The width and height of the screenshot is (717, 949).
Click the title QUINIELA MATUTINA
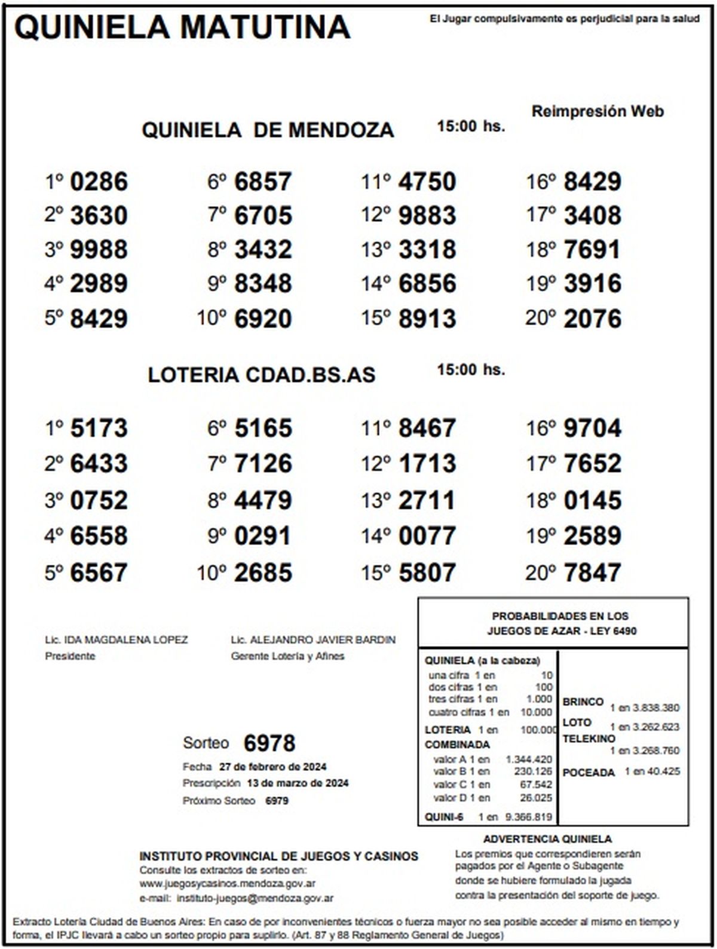point(182,27)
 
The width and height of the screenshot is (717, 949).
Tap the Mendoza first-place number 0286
point(99,182)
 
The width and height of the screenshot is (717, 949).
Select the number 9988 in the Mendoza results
point(99,250)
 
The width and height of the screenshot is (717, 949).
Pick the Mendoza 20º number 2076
point(592,319)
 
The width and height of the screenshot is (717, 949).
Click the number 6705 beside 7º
point(263,216)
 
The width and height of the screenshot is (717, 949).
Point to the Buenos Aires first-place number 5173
point(99,428)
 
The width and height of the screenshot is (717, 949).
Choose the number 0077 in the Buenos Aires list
point(427,536)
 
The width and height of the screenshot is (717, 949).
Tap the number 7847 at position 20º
point(592,573)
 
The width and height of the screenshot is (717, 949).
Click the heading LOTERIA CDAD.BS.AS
point(262,375)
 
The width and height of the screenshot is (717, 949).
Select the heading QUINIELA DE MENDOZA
point(268,130)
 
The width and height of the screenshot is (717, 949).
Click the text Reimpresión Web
point(597,111)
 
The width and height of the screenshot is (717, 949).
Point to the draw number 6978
point(269,743)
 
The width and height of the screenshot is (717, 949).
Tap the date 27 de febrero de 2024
point(272,767)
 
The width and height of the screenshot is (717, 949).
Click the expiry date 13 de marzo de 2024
point(298,783)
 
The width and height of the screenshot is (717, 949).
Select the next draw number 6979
point(277,801)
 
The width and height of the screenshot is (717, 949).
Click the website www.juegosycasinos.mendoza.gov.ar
point(228,883)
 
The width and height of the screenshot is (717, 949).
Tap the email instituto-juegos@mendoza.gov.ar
point(255,898)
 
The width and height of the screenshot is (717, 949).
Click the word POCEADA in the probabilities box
point(589,773)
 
